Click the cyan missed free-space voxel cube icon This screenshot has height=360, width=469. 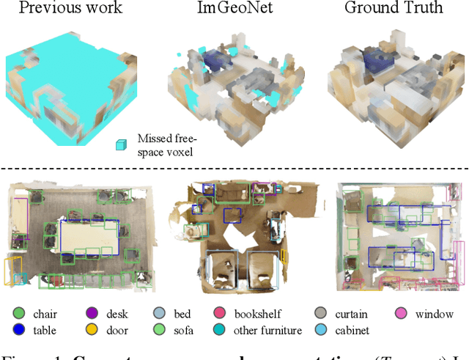pyautogui.click(x=120, y=145)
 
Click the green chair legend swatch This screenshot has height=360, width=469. pyautogui.click(x=18, y=315)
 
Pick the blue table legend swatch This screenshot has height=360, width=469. pyautogui.click(x=18, y=331)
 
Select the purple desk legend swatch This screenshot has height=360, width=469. pyautogui.click(x=92, y=315)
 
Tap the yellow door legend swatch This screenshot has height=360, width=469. pyautogui.click(x=92, y=331)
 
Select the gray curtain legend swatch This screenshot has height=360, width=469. pyautogui.click(x=321, y=315)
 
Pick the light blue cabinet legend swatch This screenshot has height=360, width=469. pyautogui.click(x=321, y=331)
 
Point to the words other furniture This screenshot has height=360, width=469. pyautogui.click(x=268, y=331)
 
